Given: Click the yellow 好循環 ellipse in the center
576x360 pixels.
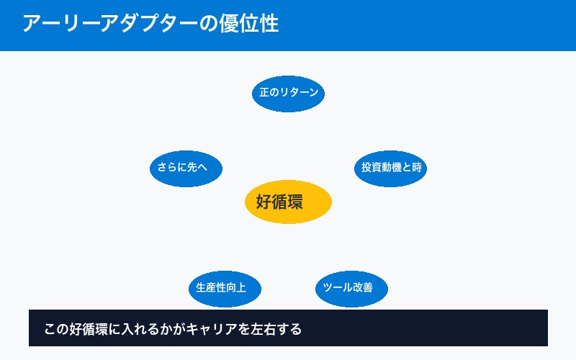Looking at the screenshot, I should (x=288, y=202).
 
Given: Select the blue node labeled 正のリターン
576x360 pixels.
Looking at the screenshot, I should (x=288, y=94).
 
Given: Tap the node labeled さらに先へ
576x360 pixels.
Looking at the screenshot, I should (x=186, y=168).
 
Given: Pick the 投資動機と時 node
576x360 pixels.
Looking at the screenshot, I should (x=391, y=168).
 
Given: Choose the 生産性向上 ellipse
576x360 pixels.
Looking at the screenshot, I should (x=224, y=288).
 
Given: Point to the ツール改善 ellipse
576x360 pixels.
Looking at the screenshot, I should (x=352, y=288).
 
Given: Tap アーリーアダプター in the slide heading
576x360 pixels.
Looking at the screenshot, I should (x=109, y=24).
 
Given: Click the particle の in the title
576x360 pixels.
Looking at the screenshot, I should (x=207, y=24).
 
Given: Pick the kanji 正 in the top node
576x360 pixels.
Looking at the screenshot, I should (x=264, y=94).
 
